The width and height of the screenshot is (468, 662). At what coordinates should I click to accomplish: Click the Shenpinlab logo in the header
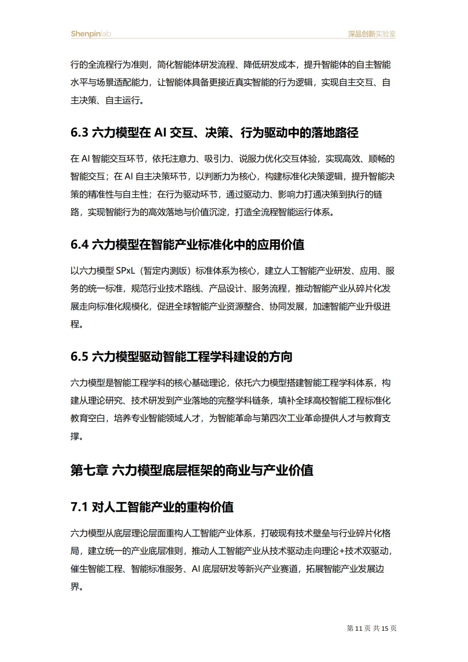tap(91, 34)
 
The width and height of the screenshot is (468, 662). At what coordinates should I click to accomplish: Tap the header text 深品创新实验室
tap(372, 34)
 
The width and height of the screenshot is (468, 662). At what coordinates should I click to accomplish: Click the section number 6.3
tap(79, 133)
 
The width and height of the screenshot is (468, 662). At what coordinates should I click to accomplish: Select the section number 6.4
tap(79, 245)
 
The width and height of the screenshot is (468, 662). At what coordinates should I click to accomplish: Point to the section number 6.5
tap(79, 357)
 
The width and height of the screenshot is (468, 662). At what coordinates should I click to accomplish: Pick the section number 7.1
tap(79, 507)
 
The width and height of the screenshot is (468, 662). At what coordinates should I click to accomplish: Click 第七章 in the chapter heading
tap(89, 470)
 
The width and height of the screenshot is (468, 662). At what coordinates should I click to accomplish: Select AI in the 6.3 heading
tap(160, 133)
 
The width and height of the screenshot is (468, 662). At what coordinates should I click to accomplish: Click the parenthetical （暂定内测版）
tap(167, 271)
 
